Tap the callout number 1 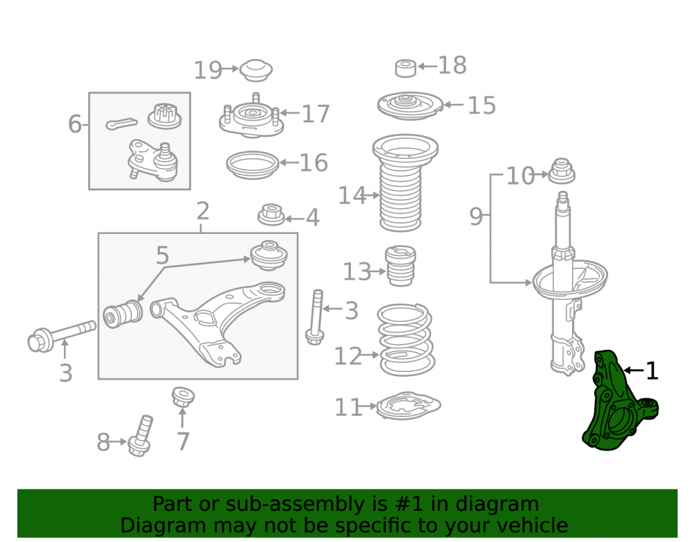(x=652, y=371)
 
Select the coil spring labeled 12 (x=406, y=339)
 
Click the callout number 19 (x=208, y=70)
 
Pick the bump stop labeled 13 (x=401, y=266)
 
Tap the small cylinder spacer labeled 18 (x=406, y=68)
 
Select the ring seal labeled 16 (x=253, y=165)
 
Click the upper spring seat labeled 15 (x=411, y=105)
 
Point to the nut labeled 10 (x=562, y=171)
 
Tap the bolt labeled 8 (x=141, y=436)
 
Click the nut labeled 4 (x=271, y=214)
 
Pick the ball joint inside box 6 (x=153, y=160)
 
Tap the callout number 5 (x=162, y=255)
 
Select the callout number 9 (x=475, y=217)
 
